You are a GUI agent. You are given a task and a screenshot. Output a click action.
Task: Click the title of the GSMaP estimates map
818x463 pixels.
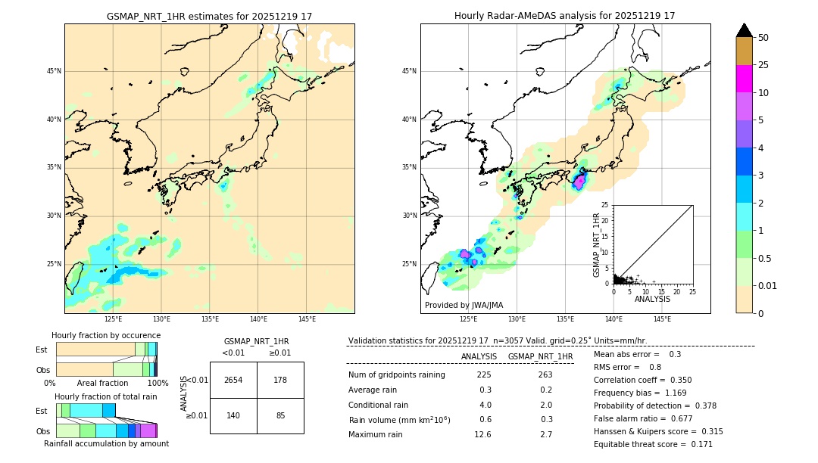pos(209,16)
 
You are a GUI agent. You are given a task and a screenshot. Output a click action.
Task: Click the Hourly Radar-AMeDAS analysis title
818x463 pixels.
pos(565,16)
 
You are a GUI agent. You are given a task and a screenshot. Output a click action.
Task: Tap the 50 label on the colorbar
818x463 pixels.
pos(763,38)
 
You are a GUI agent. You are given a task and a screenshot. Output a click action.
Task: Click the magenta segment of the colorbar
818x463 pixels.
pos(745,79)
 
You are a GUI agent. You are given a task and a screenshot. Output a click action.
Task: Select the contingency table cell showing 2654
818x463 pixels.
pos(233,380)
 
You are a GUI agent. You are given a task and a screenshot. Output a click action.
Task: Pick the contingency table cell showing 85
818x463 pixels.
pos(280,415)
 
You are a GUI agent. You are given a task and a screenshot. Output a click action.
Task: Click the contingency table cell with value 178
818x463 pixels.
pos(280,380)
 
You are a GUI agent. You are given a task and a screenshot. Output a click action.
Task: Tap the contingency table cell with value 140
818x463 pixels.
pos(233,415)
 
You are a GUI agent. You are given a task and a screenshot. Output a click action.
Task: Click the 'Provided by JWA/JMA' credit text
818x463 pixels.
pos(464,306)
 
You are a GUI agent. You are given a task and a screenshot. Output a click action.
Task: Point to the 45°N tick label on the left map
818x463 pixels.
pos(54,72)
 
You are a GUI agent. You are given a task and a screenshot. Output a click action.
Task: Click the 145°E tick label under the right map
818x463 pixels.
pos(662,319)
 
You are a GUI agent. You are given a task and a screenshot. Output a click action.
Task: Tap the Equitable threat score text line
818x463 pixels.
pos(653,444)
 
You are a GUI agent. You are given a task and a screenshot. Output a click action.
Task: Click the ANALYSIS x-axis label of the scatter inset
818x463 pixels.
pos(652,299)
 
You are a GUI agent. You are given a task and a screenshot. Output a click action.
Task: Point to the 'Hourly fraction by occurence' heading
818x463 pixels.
pos(106,335)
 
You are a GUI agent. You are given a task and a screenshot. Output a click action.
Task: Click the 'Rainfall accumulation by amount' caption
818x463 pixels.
pos(106,444)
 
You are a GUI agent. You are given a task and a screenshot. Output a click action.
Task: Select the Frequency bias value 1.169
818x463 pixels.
pos(664,393)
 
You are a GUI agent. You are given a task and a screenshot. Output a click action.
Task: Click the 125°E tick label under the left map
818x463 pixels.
pos(113,319)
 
